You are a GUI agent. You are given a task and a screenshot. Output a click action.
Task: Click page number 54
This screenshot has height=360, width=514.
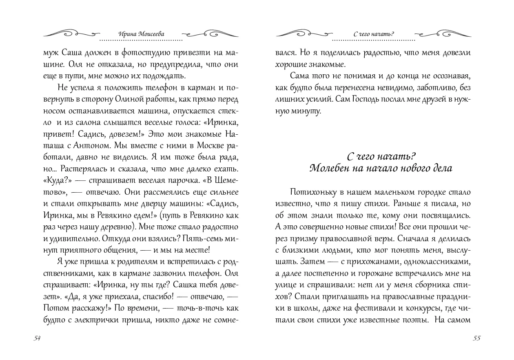click(37, 338)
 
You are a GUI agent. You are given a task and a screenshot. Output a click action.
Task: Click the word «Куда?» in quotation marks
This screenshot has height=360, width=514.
click(58, 180)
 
